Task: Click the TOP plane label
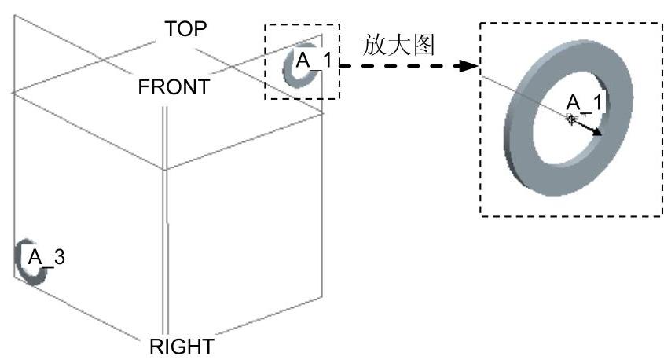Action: (185, 30)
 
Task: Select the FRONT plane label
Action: (174, 86)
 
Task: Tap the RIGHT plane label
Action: (181, 346)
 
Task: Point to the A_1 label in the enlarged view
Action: (585, 103)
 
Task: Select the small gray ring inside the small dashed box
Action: (288, 69)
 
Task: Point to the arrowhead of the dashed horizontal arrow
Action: (470, 67)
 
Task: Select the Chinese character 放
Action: (373, 45)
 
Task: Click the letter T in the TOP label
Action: (171, 30)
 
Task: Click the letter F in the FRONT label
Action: (144, 86)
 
